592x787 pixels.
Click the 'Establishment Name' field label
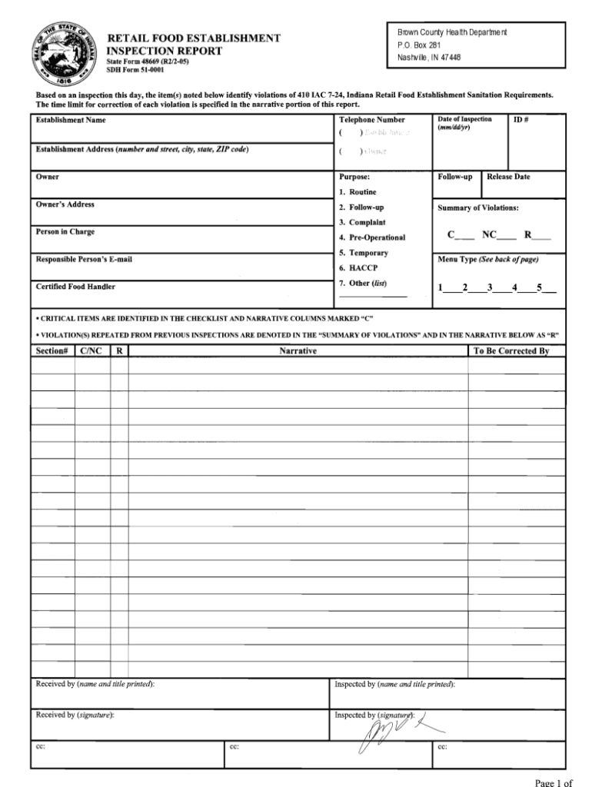[x=71, y=121]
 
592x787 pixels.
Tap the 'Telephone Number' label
[x=371, y=121]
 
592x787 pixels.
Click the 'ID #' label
[x=520, y=120]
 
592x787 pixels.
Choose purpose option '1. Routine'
[x=358, y=192]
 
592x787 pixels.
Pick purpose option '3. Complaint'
[x=362, y=223]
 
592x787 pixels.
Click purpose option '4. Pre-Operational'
[x=372, y=237]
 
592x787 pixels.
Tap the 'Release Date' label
[x=508, y=178]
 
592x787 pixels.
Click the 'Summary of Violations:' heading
[x=478, y=208]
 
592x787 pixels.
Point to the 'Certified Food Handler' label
[x=75, y=287]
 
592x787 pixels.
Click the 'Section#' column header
[x=52, y=351]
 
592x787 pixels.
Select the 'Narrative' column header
[x=298, y=351]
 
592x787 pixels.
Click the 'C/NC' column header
[x=91, y=351]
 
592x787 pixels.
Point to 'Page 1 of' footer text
[x=554, y=782]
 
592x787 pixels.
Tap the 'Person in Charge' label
[x=65, y=232]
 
